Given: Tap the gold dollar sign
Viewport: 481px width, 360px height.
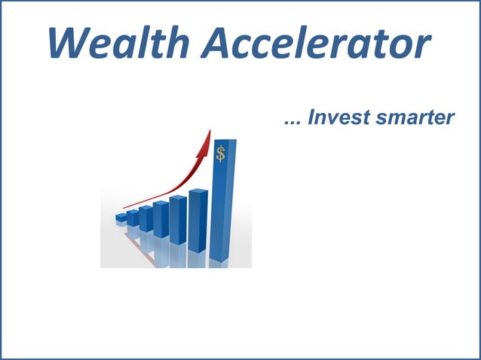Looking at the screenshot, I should pos(220,154).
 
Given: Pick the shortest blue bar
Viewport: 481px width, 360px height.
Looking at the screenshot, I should pos(121,218).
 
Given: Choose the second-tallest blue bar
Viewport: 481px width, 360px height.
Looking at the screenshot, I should pos(198,219).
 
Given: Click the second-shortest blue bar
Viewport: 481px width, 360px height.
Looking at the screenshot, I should pos(133,218).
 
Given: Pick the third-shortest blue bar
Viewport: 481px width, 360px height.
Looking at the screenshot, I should pos(146,218).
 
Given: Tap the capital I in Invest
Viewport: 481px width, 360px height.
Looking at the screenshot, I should pos(311,119).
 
